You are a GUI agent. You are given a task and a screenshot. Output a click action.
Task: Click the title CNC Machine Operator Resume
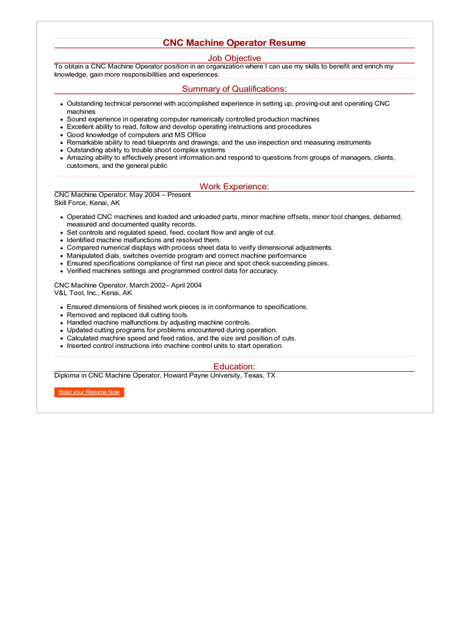point(234,43)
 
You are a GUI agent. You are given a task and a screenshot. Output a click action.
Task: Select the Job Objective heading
point(234,58)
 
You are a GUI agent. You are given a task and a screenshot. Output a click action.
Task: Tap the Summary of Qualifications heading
point(234,89)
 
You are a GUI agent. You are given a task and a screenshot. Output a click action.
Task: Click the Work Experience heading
point(234,187)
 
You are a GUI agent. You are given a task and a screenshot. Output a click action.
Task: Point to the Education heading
point(234,366)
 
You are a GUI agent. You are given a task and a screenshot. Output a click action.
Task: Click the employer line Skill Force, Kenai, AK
point(87,203)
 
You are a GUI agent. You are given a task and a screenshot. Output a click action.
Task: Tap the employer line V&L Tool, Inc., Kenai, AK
point(93,293)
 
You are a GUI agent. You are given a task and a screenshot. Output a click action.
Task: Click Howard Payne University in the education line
point(201,375)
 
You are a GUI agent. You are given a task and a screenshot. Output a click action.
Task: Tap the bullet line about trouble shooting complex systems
point(145,150)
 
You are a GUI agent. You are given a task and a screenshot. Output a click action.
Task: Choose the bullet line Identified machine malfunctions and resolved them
point(144,240)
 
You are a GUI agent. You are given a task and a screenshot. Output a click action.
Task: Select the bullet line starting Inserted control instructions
point(175,345)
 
